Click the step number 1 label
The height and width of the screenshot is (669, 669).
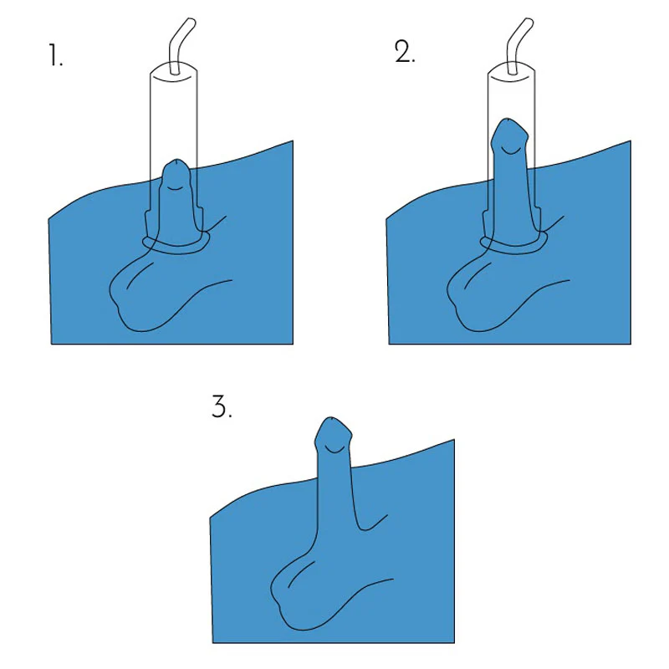tap(55, 55)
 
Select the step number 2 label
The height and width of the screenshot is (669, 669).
tap(405, 53)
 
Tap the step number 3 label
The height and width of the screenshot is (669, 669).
tap(222, 406)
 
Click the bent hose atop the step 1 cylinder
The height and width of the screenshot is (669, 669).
tap(181, 45)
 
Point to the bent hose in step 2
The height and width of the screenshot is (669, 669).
tap(518, 45)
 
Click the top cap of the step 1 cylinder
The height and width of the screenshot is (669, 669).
tap(174, 72)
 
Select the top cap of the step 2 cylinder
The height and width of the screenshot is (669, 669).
tap(511, 72)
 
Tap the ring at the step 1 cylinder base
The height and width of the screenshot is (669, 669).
tap(176, 246)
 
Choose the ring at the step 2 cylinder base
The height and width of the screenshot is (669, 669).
tap(513, 246)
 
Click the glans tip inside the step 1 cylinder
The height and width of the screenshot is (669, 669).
tap(177, 161)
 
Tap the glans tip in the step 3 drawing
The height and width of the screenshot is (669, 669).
tap(331, 419)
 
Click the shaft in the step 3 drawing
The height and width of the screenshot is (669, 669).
tap(335, 491)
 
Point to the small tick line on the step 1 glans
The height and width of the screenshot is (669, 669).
tap(175, 188)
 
